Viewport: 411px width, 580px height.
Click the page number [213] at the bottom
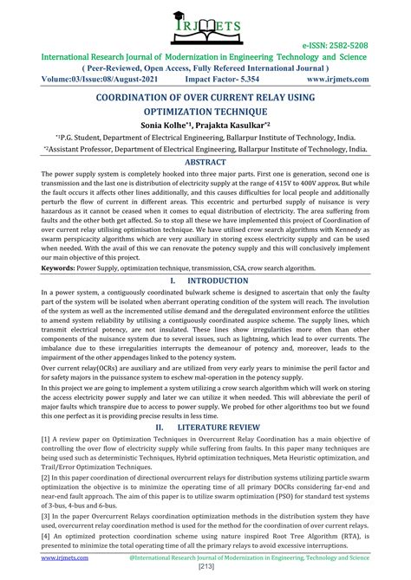coord(205,571)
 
